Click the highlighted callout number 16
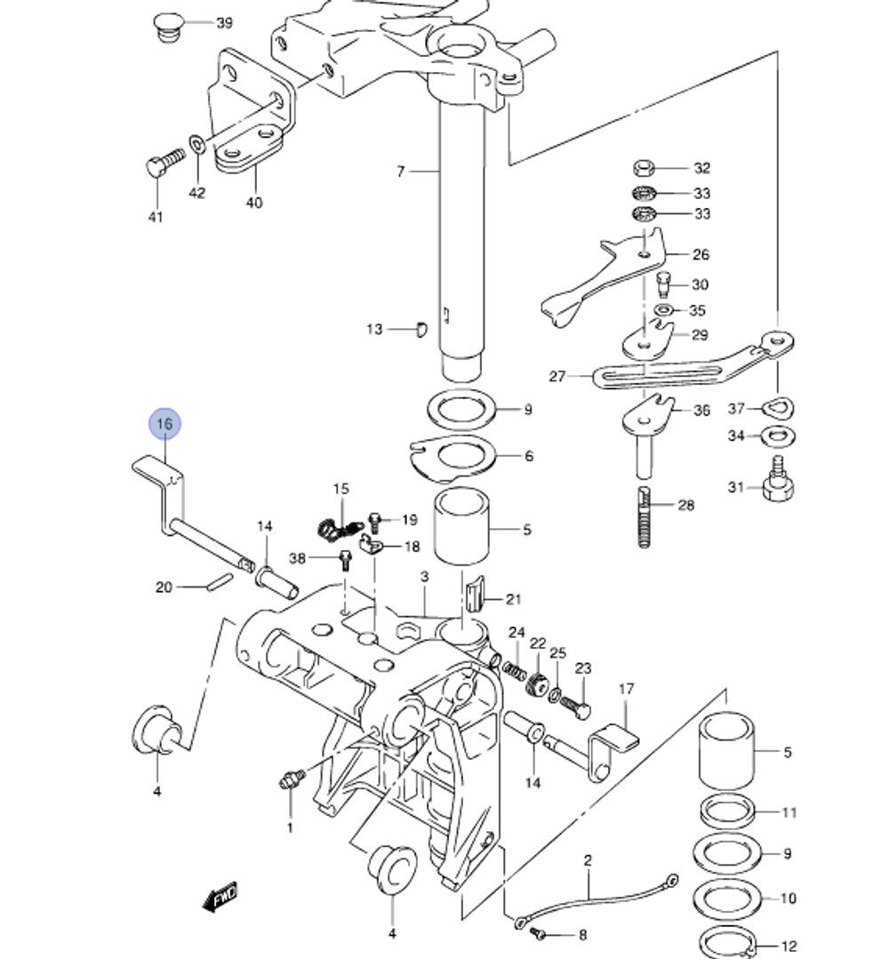click(164, 424)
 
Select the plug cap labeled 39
click(167, 27)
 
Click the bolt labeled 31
click(776, 485)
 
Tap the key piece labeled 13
click(420, 329)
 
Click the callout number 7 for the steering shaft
click(400, 171)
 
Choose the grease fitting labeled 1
click(291, 779)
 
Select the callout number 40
click(254, 203)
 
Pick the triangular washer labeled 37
click(780, 408)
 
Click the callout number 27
click(557, 376)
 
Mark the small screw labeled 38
click(346, 560)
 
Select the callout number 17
click(627, 688)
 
